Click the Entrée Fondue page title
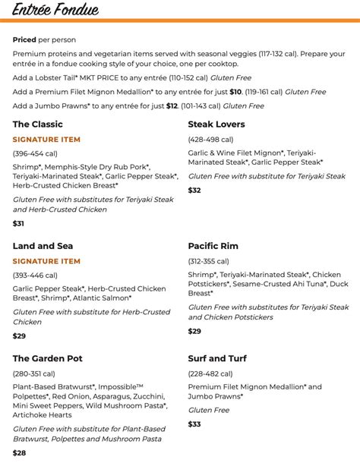coord(55,9)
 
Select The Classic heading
coord(37,124)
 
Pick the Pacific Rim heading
coord(213,246)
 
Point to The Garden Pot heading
coord(47,358)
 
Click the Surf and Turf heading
coord(217,358)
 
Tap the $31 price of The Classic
coord(19,223)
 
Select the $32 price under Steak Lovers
coord(194,190)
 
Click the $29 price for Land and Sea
coord(19,335)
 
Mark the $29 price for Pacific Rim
coord(194,331)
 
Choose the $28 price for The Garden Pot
coord(19,452)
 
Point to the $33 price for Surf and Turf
coord(194,424)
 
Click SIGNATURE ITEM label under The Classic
coord(46,140)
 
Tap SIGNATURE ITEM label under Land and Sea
coord(46,261)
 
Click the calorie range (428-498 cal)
coord(215,140)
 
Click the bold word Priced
coord(24,39)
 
